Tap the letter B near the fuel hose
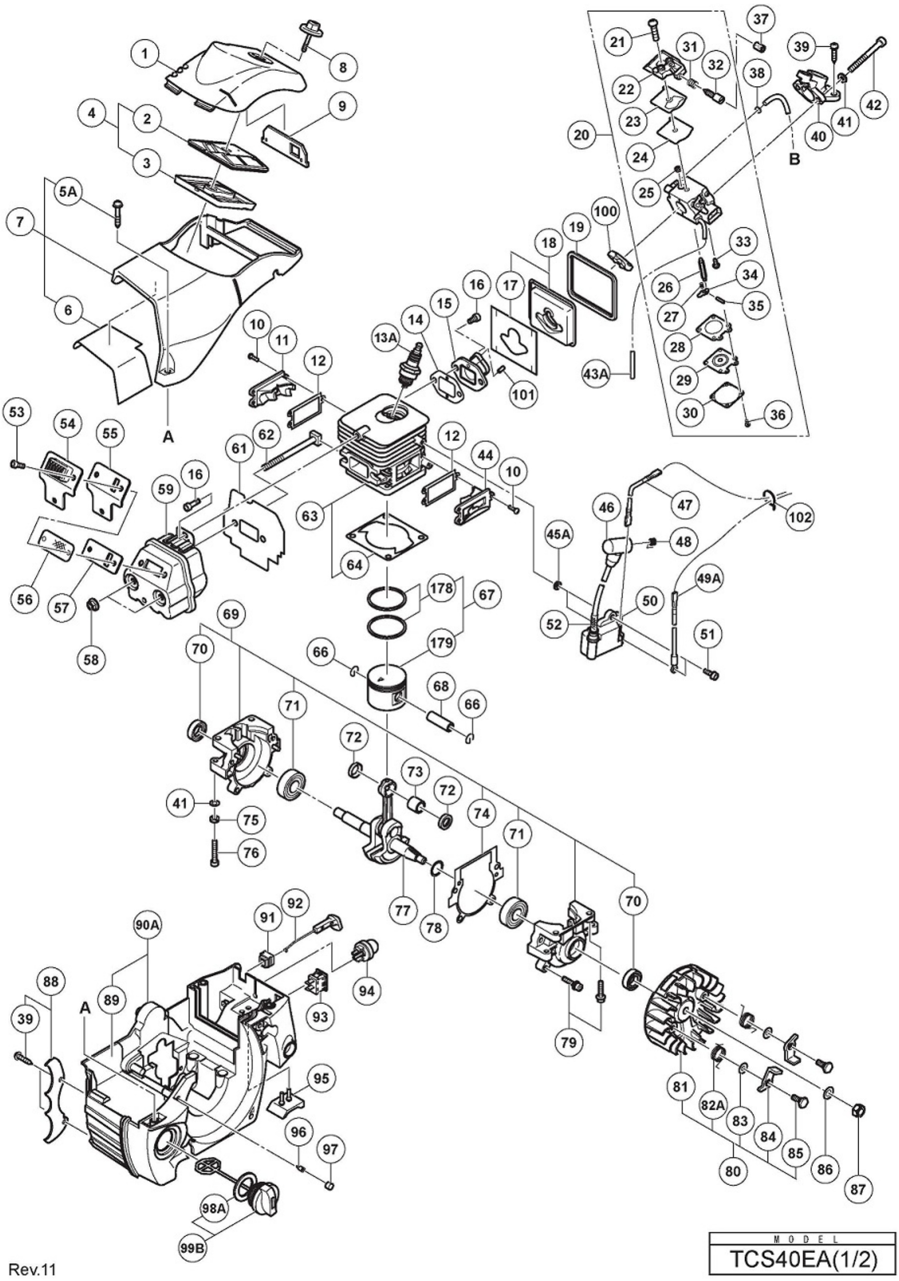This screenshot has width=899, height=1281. click(x=795, y=159)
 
